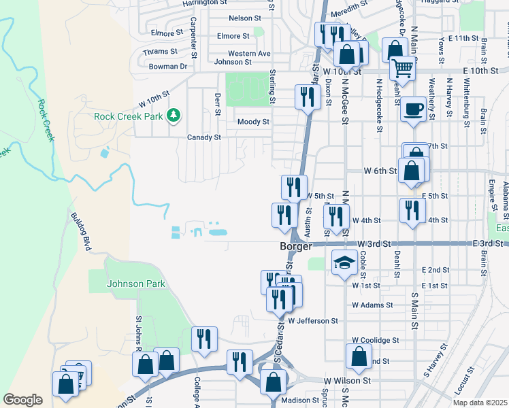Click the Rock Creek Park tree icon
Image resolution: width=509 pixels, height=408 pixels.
click(x=174, y=116)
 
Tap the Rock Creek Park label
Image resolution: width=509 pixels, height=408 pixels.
click(x=129, y=116)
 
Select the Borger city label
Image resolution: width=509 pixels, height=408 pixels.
click(x=295, y=246)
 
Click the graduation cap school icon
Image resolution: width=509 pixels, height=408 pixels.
click(x=344, y=263)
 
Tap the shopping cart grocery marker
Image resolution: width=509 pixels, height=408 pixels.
click(x=402, y=68)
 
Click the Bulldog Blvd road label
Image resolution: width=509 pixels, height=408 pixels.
click(x=80, y=232)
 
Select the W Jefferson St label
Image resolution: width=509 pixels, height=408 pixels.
click(x=313, y=320)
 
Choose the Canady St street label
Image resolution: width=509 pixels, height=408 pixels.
click(x=204, y=137)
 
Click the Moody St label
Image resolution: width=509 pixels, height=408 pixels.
click(x=253, y=122)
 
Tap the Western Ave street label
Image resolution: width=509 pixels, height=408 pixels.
click(x=249, y=53)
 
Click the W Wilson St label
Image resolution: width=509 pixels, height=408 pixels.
click(x=347, y=381)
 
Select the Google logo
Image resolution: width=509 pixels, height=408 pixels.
click(x=22, y=400)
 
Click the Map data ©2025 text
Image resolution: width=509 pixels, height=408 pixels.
click(x=479, y=403)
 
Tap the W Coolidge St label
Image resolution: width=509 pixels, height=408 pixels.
click(x=376, y=340)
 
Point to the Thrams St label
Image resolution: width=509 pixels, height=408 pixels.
click(x=161, y=51)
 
